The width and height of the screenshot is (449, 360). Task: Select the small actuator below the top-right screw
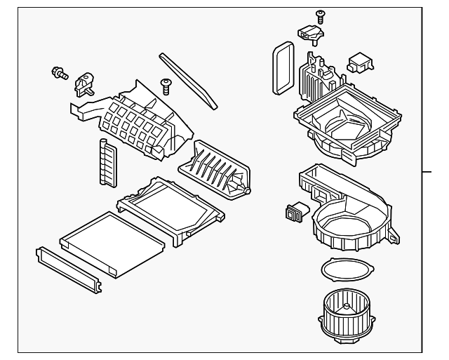(311, 33)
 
